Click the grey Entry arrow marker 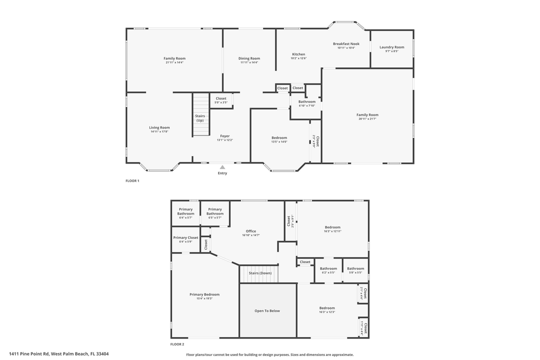tap(222, 167)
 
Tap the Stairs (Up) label tap(200, 118)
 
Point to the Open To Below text tap(267, 311)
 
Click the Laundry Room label tap(391, 47)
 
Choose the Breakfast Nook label tap(346, 44)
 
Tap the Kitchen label tap(298, 54)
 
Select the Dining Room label tap(249, 58)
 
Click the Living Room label tap(159, 127)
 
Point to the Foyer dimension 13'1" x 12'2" tap(225, 140)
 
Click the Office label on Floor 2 tap(251, 231)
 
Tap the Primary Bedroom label tap(204, 294)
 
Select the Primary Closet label tap(185, 237)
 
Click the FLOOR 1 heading tap(132, 180)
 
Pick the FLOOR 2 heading tap(177, 344)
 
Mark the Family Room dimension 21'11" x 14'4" tap(174, 62)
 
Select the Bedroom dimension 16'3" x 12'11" tap(332, 231)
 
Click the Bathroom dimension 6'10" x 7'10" tap(307, 105)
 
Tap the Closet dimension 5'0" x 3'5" tap(221, 102)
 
